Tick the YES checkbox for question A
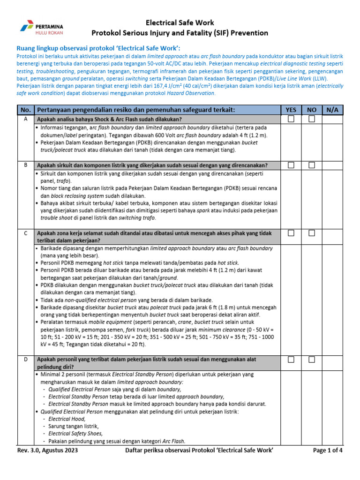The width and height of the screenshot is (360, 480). pos(291,119)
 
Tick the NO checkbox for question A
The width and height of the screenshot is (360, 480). pos(312,119)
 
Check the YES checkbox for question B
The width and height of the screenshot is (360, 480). pos(291,165)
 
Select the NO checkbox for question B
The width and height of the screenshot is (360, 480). pos(312,165)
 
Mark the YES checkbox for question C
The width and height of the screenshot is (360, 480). pos(291,233)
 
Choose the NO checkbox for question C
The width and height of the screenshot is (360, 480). pos(312,233)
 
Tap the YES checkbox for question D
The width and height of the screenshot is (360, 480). pos(291,360)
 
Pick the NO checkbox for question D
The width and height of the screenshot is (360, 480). pos(312,360)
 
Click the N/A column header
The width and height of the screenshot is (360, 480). pos(332,110)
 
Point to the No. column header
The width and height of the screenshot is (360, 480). pos(25,110)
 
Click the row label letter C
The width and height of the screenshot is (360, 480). pos(25,233)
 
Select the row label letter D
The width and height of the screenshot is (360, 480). pos(25,360)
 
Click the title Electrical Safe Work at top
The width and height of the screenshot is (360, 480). pos(180,22)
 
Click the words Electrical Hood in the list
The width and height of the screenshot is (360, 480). pos(67,419)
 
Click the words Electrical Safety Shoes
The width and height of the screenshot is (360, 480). pos(75,434)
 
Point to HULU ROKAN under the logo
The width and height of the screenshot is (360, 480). pos(49,32)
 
